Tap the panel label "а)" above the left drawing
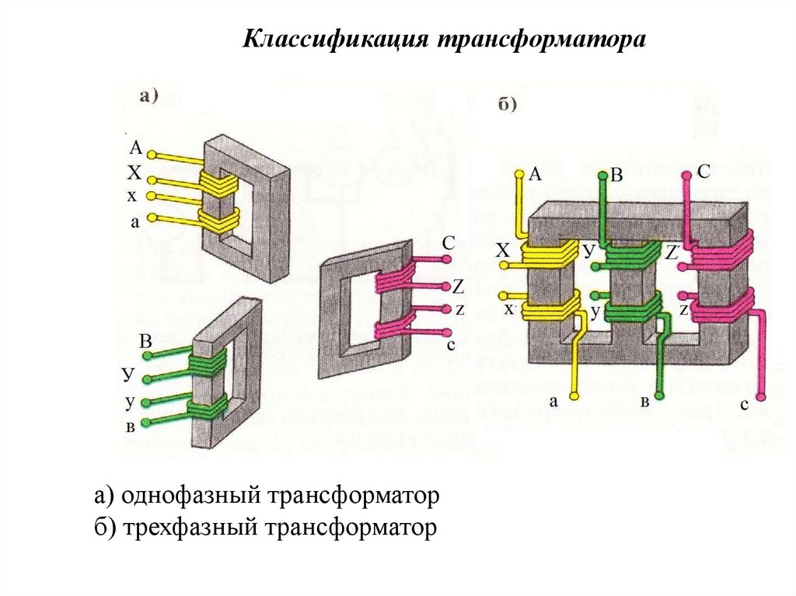148,97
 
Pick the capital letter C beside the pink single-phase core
448,243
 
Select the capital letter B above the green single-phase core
145,341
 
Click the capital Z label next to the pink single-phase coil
457,287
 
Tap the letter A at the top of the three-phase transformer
535,175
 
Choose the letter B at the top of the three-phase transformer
616,176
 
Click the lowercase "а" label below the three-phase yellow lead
554,401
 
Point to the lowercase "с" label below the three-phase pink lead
744,404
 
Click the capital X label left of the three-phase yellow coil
503,251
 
